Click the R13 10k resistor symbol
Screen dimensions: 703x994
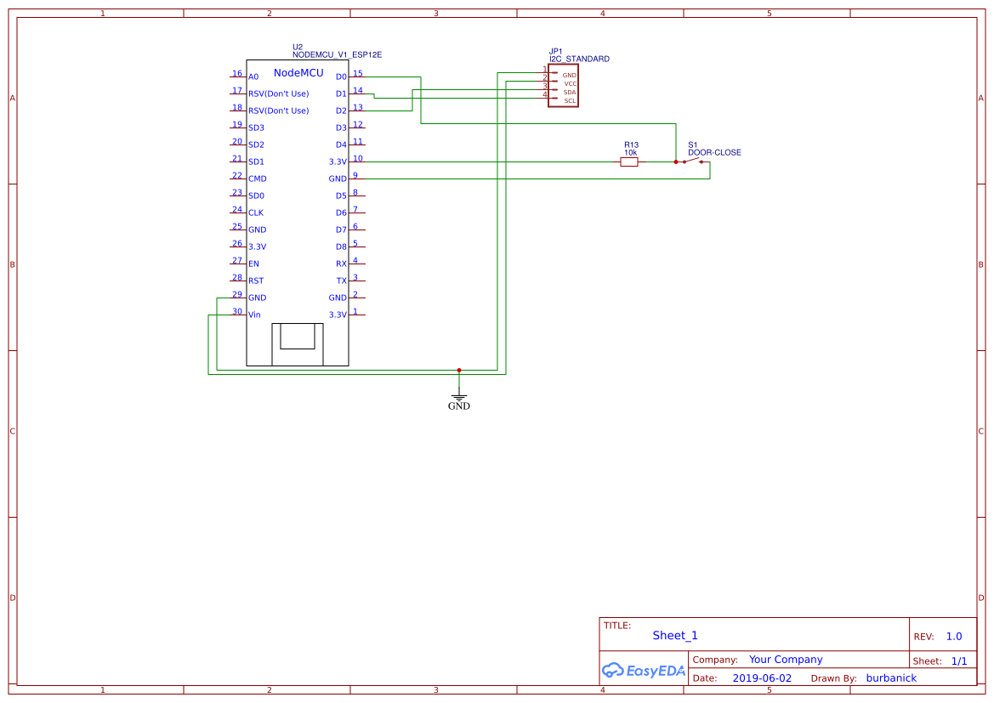coord(628,162)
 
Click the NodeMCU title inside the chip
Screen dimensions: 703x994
coord(298,73)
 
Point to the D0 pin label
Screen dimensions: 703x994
coord(341,77)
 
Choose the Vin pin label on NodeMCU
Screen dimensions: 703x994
coord(254,315)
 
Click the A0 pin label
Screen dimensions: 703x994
coord(253,77)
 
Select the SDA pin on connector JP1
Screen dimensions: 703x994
coord(569,92)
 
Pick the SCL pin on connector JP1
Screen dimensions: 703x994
coord(569,101)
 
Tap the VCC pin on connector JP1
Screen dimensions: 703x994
coord(570,83)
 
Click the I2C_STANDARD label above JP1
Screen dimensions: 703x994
coord(579,60)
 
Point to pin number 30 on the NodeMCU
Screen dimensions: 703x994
coord(237,311)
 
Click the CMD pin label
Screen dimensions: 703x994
coord(257,179)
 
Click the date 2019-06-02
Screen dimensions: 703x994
coord(761,678)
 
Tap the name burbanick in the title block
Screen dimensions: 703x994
coord(891,678)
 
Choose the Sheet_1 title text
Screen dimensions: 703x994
coord(675,635)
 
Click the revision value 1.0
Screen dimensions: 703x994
coord(953,637)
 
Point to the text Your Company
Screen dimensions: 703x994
coord(786,660)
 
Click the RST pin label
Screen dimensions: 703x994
coord(256,281)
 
